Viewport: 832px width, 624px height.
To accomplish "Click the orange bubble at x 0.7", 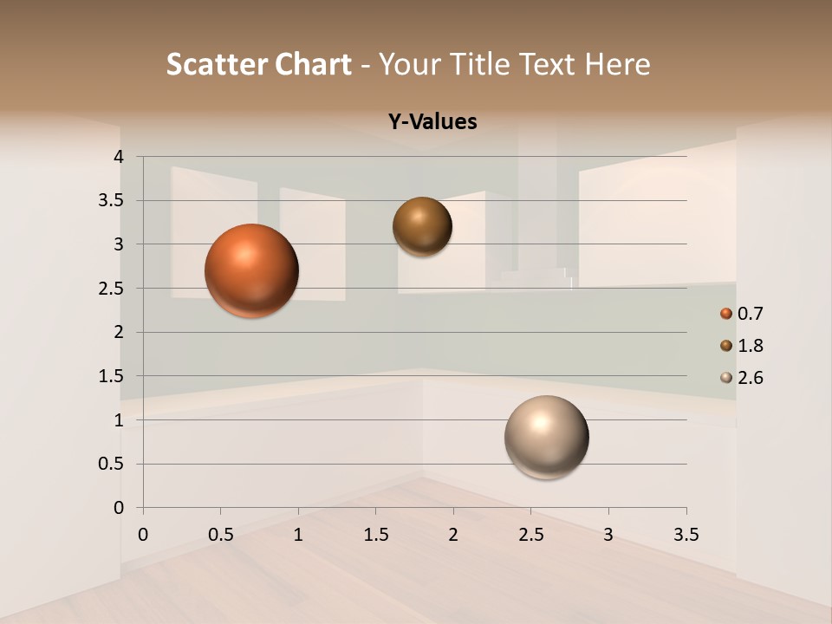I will (x=251, y=270).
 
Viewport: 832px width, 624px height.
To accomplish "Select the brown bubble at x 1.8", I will (x=422, y=226).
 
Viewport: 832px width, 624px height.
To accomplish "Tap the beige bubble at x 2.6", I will (x=546, y=437).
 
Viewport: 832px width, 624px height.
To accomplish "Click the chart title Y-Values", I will (x=432, y=122).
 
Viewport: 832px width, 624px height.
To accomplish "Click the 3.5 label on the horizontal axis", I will (x=686, y=535).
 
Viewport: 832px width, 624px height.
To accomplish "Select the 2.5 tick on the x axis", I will (x=530, y=535).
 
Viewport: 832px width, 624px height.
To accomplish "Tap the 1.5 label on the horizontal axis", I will (x=375, y=535).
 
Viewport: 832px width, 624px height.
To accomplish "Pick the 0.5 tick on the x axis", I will (x=220, y=535).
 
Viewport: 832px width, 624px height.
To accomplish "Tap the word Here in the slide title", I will (x=617, y=64).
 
